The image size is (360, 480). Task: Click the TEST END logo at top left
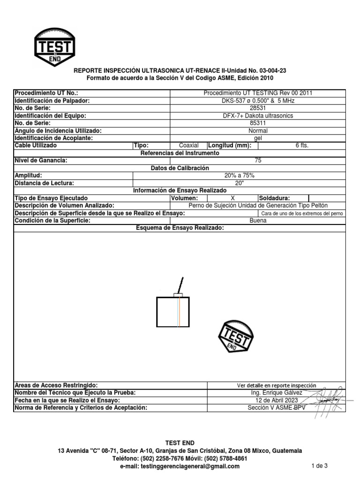55,47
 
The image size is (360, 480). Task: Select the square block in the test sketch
173,312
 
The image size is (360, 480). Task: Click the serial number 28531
258,108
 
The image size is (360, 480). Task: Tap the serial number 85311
258,123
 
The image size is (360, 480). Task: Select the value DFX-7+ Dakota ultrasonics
258,116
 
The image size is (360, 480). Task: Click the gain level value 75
258,160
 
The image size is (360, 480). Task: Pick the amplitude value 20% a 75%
240,175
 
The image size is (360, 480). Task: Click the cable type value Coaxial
188,145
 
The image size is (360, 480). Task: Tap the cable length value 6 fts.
302,145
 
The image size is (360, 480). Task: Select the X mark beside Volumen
232,198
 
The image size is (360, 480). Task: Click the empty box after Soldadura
327,198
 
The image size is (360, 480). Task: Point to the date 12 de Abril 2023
276,400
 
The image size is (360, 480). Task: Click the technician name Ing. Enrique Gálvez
276,393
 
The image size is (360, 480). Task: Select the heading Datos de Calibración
180,168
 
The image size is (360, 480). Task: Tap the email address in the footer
180,466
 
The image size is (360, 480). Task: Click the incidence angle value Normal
258,131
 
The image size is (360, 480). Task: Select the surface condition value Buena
258,221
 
